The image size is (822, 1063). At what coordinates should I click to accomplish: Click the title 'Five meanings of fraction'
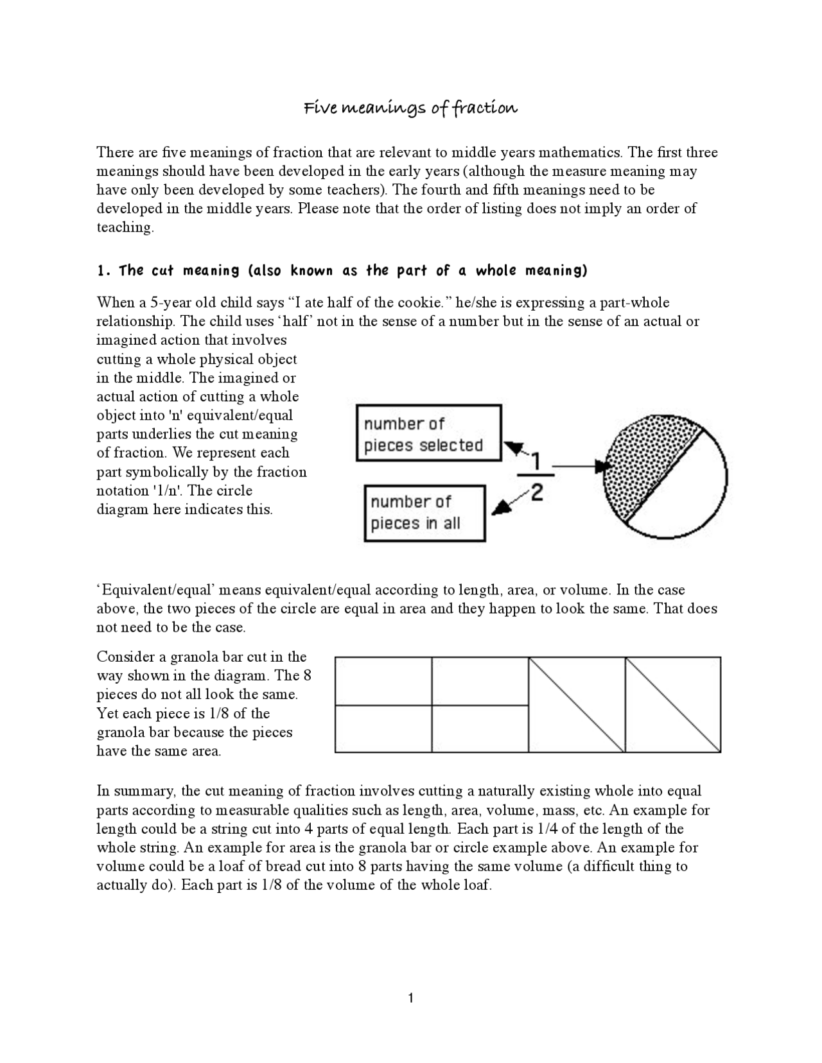[x=410, y=108]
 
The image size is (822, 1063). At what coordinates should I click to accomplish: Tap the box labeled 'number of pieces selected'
[x=428, y=433]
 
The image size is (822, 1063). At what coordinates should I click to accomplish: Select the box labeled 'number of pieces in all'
[x=424, y=513]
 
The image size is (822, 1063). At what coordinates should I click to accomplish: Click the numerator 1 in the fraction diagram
[x=536, y=461]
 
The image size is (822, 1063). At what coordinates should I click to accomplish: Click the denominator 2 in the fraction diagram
[x=537, y=493]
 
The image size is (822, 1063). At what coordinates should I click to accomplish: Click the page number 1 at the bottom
[x=410, y=998]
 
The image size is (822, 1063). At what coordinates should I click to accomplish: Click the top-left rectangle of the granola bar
[x=383, y=681]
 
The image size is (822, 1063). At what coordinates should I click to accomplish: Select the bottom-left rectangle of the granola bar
[x=383, y=729]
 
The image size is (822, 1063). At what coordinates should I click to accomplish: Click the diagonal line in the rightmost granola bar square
[x=672, y=704]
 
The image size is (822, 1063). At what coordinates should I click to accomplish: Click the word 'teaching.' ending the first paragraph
[x=125, y=228]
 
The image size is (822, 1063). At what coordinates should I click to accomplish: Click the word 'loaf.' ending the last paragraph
[x=477, y=885]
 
